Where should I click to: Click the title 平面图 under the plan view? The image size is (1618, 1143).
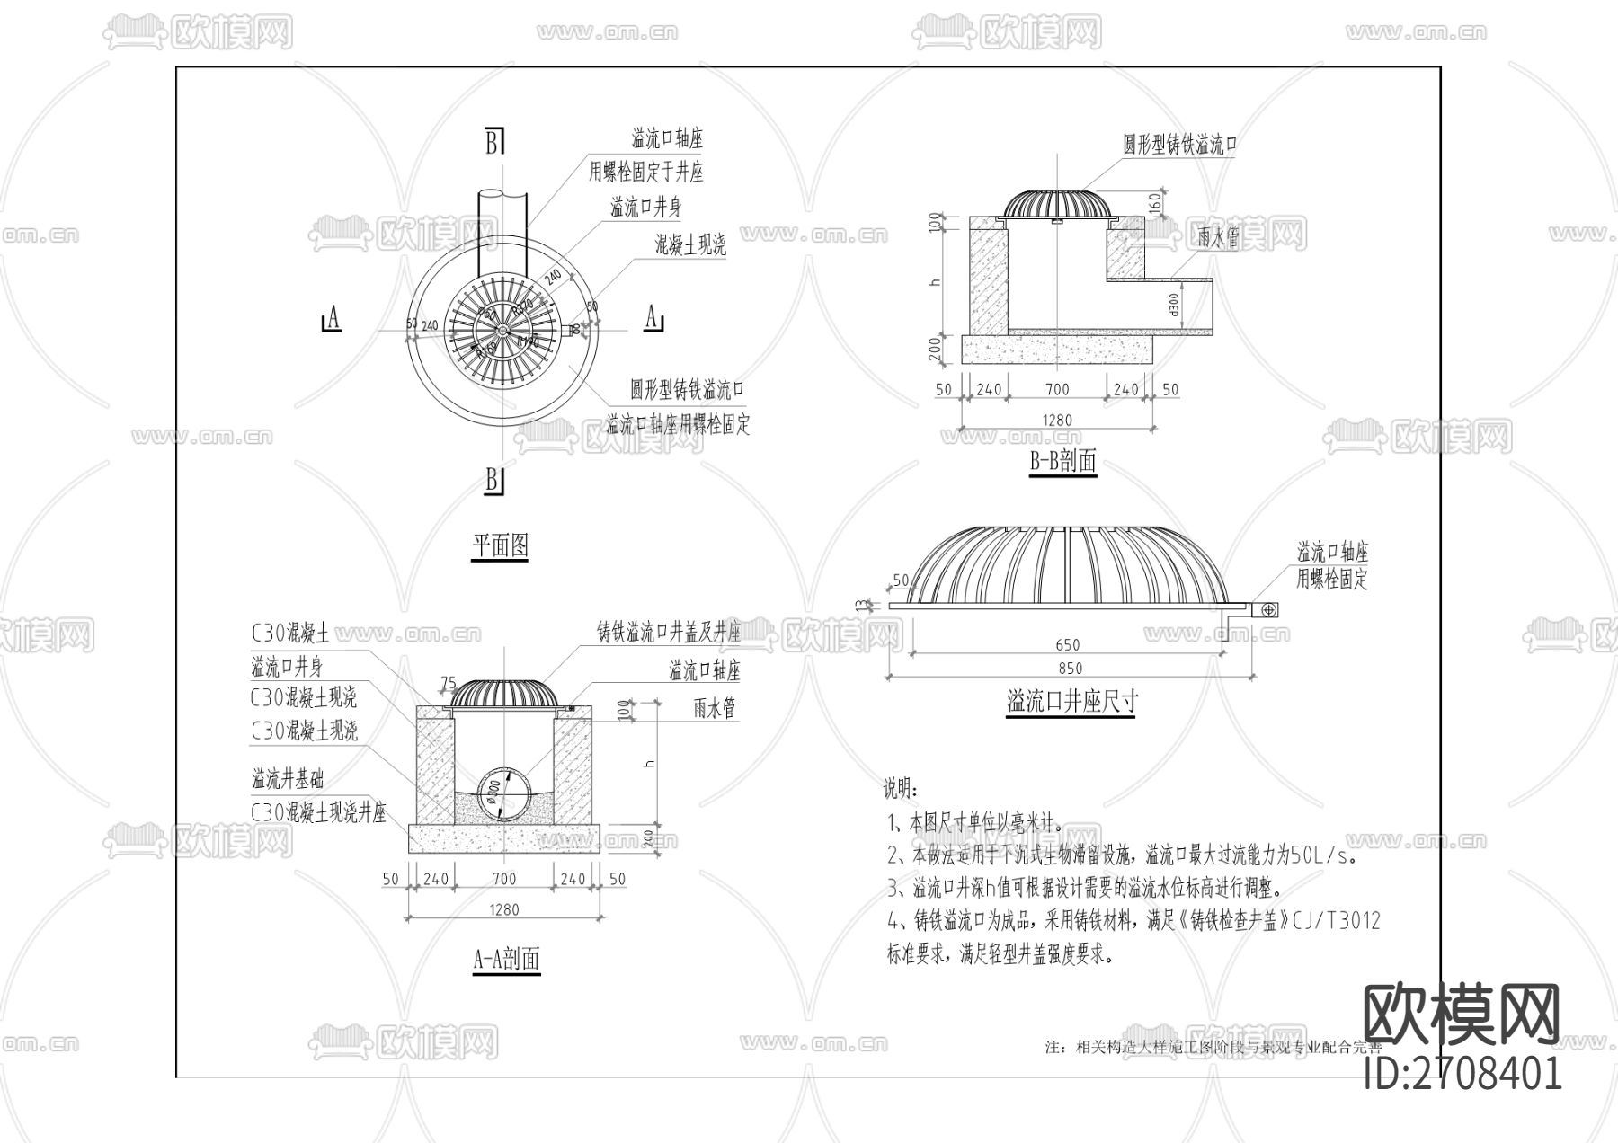pos(500,545)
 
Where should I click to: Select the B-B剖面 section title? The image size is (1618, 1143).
pos(1062,462)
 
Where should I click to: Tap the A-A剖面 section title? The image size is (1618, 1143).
pos(506,959)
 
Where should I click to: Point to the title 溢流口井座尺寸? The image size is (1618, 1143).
pos(1071,701)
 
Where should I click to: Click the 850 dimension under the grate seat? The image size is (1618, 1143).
pos(1070,668)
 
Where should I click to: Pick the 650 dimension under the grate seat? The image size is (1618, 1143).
pos(1068,644)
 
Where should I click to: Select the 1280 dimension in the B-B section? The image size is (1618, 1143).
pos(1057,420)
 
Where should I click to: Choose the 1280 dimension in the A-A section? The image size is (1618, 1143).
pos(504,909)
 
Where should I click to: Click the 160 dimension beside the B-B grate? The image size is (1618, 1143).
pos(1154,203)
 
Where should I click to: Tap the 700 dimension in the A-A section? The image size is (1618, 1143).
pos(504,879)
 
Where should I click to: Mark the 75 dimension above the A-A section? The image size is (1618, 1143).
pos(448,683)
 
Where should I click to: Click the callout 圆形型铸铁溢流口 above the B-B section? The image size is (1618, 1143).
pos(1179,144)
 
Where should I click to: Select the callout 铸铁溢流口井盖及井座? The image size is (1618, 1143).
pos(669,633)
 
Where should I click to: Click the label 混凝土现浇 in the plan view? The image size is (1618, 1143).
pos(689,244)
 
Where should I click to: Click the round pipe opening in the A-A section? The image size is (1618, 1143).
pos(502,793)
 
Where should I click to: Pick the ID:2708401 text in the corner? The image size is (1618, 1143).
pos(1462,1073)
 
